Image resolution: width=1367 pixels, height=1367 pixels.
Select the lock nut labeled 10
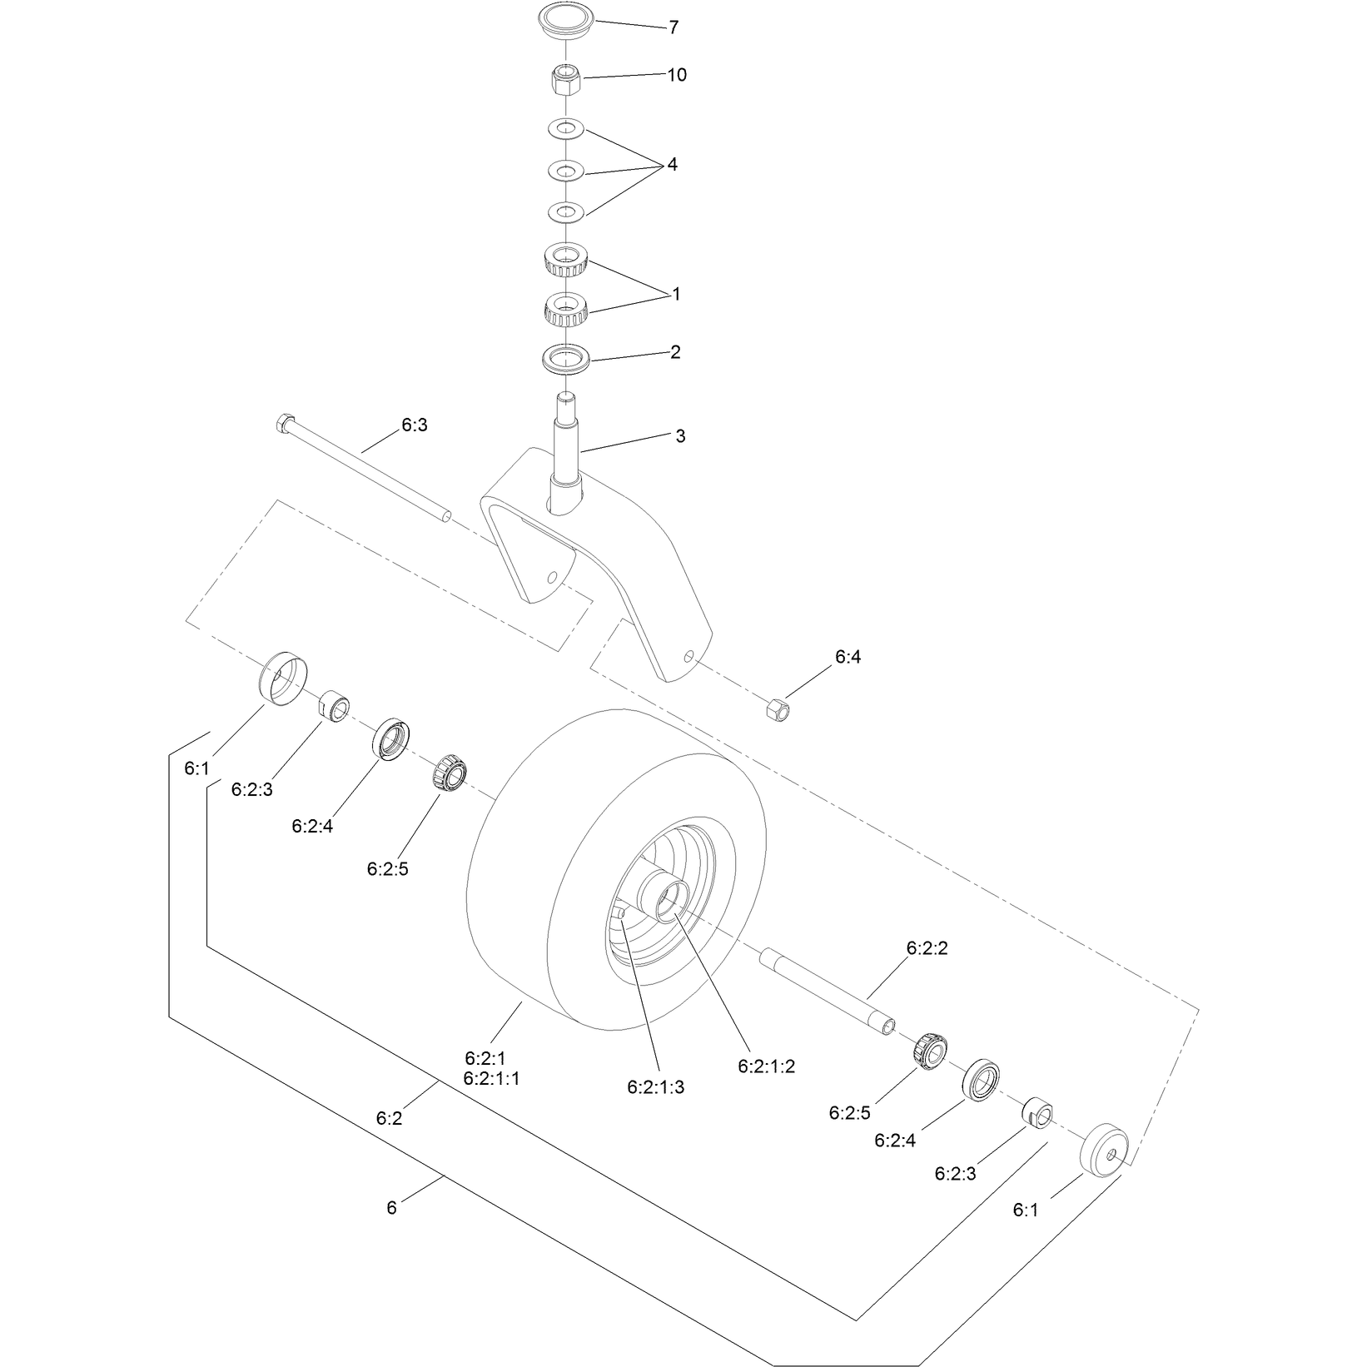tap(567, 81)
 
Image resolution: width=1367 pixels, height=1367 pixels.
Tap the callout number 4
tap(672, 165)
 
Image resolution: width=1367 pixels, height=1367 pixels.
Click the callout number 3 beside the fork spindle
tap(680, 436)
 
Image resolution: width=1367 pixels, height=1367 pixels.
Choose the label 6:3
tap(415, 425)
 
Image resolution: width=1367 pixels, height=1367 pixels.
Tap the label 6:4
tap(848, 657)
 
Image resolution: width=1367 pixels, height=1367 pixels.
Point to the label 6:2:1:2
tap(767, 1066)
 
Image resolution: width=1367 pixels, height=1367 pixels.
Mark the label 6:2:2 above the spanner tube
tap(927, 947)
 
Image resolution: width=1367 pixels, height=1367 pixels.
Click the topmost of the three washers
tap(566, 129)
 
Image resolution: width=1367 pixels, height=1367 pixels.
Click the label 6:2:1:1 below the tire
tap(491, 1079)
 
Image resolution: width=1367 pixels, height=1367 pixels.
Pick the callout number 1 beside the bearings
tap(676, 295)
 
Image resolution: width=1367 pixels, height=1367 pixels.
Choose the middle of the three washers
tap(566, 171)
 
